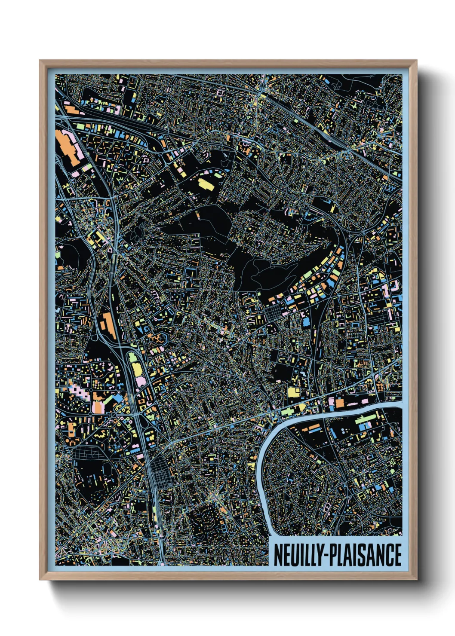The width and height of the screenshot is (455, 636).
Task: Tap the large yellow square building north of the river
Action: click(294, 392)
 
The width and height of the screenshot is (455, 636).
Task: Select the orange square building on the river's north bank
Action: click(340, 403)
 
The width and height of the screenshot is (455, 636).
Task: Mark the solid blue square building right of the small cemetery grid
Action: click(306, 321)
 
